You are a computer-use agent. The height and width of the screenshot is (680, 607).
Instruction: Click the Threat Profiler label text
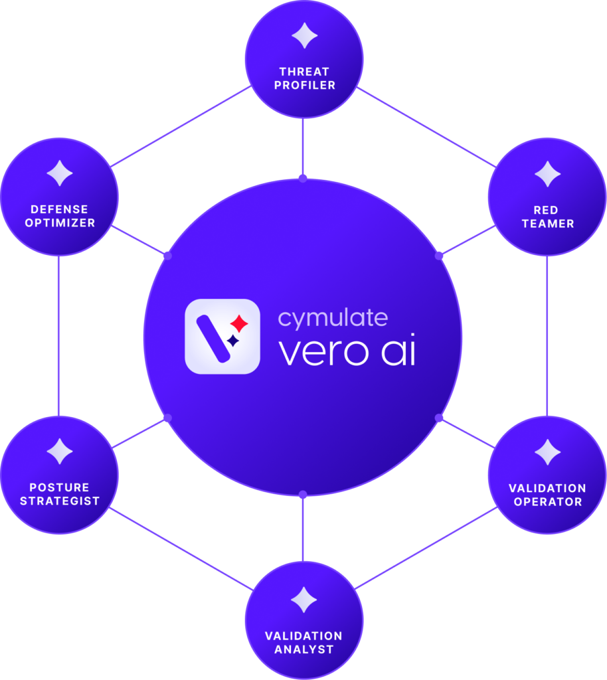point(304,78)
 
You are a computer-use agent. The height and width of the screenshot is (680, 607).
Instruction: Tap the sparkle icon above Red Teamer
point(548,174)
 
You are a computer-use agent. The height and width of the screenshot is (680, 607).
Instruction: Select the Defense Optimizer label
point(60,216)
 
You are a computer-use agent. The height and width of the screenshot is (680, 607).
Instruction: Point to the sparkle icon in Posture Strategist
point(59,452)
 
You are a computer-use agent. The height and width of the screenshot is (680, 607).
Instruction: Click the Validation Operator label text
point(548,495)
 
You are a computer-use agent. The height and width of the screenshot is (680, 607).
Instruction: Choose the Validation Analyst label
point(303,643)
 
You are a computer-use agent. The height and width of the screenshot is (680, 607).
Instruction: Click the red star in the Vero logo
point(239,323)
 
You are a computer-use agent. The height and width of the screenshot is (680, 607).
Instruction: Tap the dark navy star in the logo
point(233,341)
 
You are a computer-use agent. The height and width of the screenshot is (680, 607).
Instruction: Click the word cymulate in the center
point(333,319)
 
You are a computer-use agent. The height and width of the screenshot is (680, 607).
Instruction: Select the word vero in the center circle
point(323,352)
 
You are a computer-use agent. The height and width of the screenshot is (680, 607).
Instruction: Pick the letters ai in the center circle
point(398,349)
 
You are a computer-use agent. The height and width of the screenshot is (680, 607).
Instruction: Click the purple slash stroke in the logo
point(213,339)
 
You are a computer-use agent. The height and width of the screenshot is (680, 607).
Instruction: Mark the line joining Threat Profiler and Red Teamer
point(426,127)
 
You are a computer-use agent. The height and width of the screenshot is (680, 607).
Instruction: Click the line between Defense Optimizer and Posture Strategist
point(58,335)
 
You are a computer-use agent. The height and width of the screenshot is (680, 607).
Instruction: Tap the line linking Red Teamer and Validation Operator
point(547,335)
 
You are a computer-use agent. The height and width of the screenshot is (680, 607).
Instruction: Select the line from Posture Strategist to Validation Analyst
point(181,549)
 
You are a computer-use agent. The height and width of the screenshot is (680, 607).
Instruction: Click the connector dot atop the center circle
point(303,178)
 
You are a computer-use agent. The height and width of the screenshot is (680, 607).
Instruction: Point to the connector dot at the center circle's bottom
point(303,494)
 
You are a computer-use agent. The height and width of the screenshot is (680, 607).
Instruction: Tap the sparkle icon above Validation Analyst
point(304,600)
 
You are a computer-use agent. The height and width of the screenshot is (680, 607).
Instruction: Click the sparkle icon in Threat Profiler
point(304,36)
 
